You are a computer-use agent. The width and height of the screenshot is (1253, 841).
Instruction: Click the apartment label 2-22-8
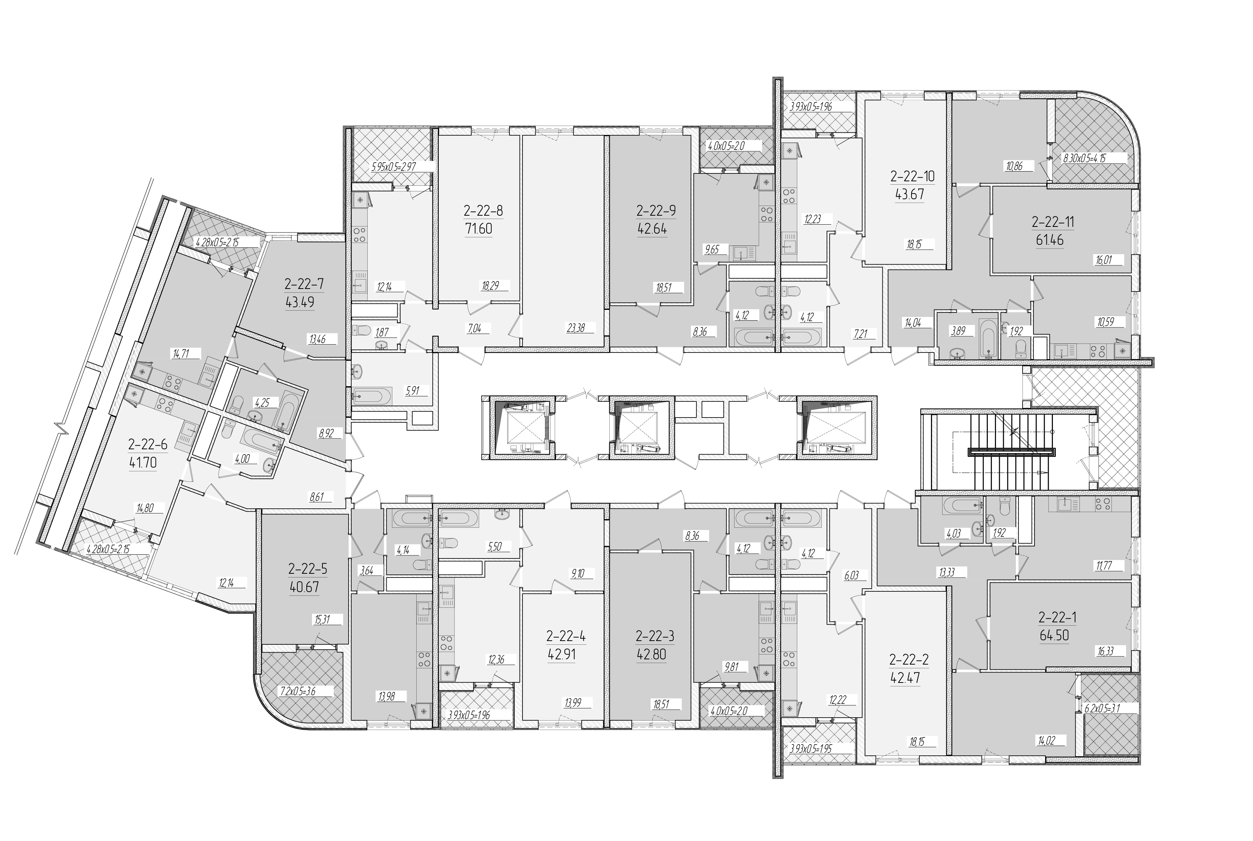pos(483,210)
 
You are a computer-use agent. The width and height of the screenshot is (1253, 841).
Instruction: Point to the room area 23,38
pos(576,328)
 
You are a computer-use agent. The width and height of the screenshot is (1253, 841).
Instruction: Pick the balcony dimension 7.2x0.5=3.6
pos(298,691)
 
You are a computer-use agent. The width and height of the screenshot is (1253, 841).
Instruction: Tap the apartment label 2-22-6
pos(148,444)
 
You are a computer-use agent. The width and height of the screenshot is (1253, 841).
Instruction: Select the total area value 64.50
pos(1054,635)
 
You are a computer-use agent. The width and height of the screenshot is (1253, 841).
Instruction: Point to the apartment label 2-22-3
pos(655,636)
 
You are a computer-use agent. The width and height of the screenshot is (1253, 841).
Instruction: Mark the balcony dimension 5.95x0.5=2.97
pos(394,167)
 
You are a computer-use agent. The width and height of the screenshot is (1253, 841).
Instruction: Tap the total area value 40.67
pos(304,587)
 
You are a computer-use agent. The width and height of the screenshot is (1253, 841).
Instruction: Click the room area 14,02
pos(1046,741)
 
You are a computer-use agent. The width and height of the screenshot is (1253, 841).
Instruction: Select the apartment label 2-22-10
pos(912,176)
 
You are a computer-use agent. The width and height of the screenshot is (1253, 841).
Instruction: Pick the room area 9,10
pos(578,573)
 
